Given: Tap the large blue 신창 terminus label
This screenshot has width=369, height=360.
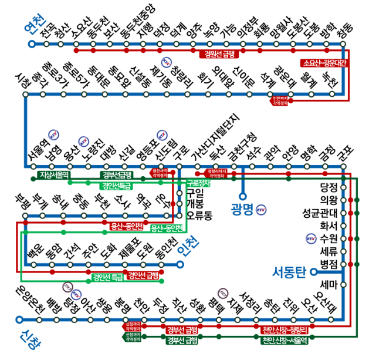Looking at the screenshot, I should (x=25, y=338).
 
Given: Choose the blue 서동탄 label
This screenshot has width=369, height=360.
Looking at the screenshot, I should (x=290, y=272).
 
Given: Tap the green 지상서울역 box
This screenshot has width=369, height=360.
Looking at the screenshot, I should (x=55, y=174).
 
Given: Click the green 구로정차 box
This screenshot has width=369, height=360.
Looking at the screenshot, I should (x=197, y=183).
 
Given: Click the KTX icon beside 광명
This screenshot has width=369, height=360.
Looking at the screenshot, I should (x=261, y=208).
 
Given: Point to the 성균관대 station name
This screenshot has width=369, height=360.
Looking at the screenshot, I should (x=320, y=213).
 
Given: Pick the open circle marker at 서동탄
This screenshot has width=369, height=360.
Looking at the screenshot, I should (x=314, y=272).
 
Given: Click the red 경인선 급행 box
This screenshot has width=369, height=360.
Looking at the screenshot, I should (x=144, y=275).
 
